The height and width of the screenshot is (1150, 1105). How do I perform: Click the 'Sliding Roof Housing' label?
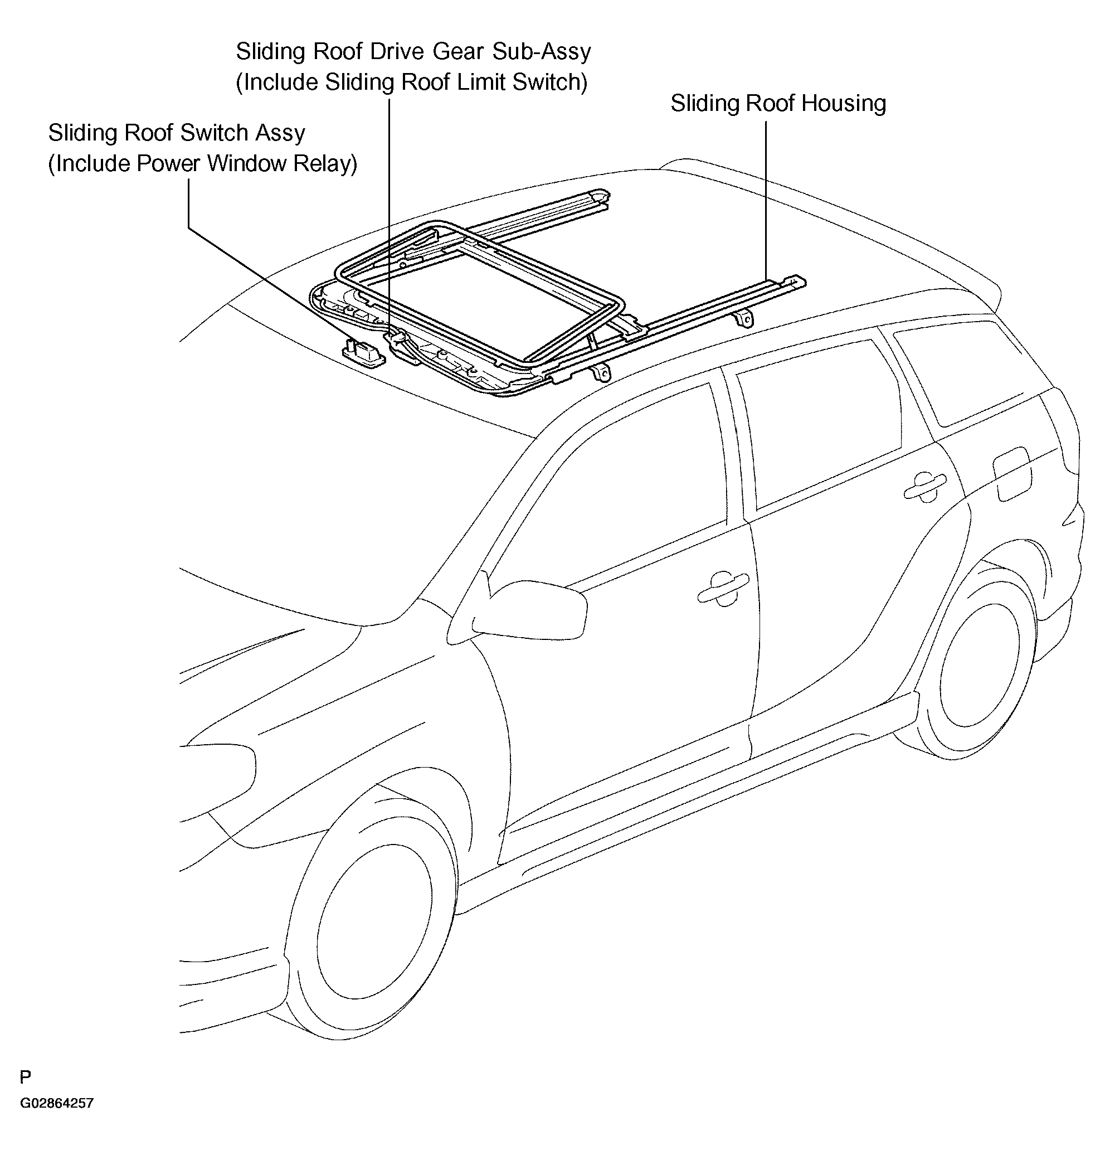tap(778, 103)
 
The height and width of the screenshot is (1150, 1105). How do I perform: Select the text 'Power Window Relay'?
tap(246, 163)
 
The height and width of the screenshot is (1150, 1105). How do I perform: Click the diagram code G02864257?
tap(56, 1103)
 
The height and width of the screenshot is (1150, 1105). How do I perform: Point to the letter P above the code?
tap(25, 1076)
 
